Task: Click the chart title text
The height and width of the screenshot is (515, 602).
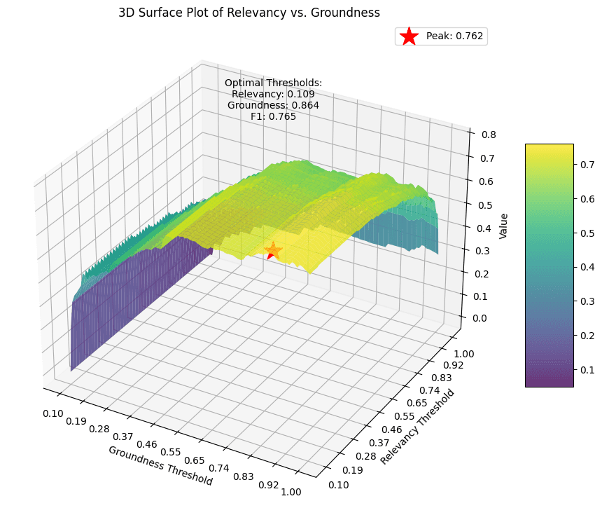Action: click(248, 12)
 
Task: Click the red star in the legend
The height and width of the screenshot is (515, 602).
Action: click(409, 36)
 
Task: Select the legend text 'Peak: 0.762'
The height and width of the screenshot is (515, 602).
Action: click(454, 36)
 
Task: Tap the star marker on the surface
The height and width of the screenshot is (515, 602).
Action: click(273, 251)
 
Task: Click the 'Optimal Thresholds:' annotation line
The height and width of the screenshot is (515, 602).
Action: click(273, 83)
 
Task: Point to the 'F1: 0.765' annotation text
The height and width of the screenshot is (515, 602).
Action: click(273, 116)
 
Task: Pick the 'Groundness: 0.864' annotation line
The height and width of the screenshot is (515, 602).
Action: click(273, 105)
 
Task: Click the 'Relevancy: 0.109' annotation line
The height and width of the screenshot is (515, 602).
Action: click(273, 94)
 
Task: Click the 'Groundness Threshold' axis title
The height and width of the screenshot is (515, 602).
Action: click(160, 465)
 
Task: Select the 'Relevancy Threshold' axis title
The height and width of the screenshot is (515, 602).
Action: click(417, 427)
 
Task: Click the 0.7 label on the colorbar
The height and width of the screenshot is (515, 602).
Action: click(587, 165)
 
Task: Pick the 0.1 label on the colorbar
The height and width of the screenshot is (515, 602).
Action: click(587, 369)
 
